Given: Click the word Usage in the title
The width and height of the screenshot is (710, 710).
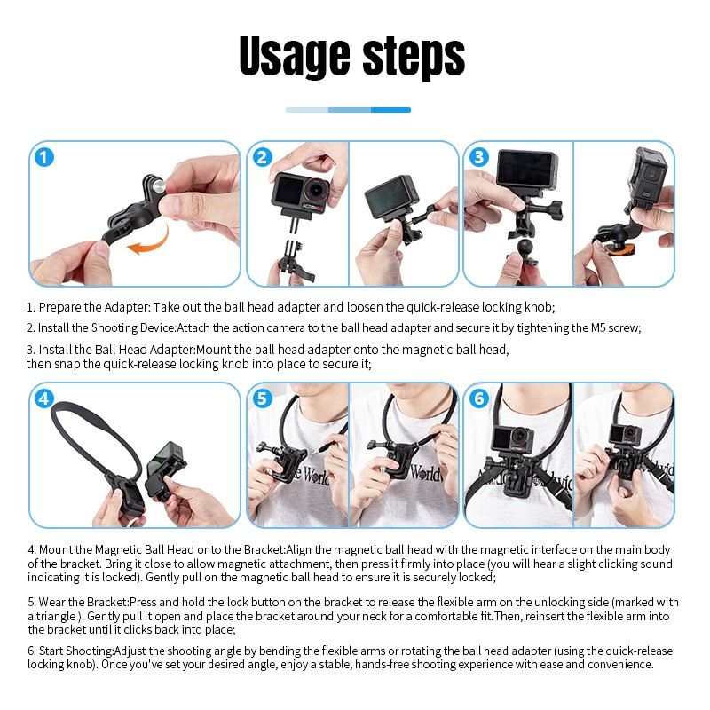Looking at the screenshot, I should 292,58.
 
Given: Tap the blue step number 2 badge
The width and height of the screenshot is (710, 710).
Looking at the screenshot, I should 262,158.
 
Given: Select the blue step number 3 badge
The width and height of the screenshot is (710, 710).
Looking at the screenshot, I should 479,158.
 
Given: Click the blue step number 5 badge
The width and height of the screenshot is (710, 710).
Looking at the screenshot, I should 262,399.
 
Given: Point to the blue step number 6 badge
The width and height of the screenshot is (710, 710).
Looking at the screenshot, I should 479,399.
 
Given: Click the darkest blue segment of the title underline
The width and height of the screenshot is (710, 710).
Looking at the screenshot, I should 390,110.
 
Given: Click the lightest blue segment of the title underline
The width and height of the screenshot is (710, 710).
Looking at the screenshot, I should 306,110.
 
